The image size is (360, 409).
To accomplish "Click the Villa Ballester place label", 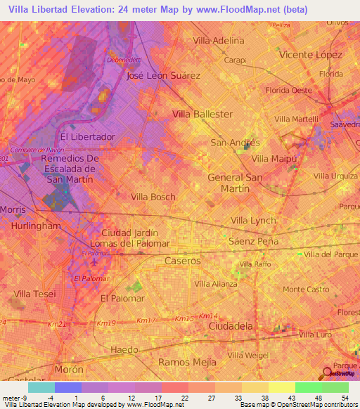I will (202, 114).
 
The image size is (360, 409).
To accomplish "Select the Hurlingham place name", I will (35, 226).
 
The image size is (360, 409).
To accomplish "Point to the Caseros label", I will (182, 261).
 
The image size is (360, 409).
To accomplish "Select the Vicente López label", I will (310, 54).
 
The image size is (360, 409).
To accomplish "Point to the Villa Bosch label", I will (153, 197).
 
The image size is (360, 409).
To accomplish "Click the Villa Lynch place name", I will (253, 220).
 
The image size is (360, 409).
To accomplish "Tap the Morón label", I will (70, 370).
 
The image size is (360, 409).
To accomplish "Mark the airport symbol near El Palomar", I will (95, 263).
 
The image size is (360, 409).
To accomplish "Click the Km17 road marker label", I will (146, 320).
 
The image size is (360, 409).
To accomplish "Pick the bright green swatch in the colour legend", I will (308, 387).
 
